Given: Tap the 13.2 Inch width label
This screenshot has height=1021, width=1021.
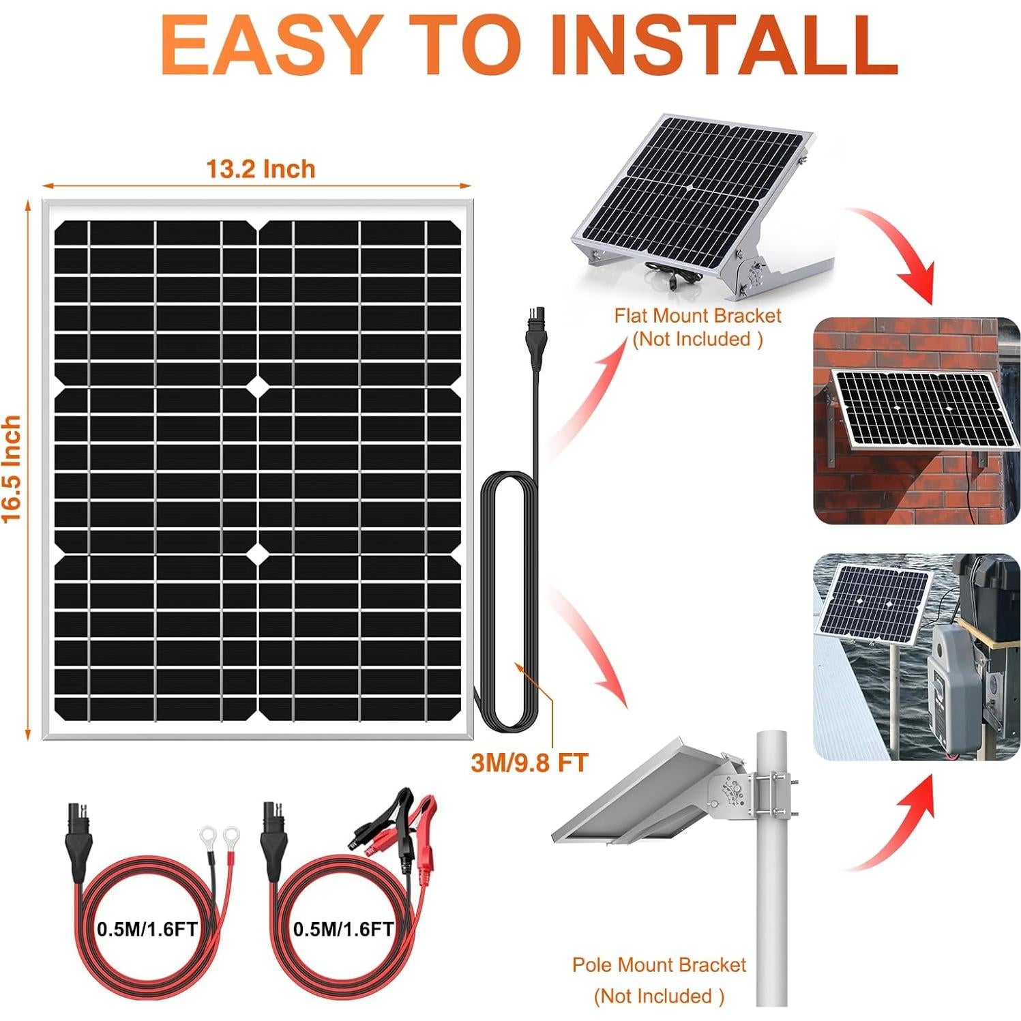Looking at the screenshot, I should click(261, 169).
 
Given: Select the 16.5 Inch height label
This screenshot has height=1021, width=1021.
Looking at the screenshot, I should click(12, 469).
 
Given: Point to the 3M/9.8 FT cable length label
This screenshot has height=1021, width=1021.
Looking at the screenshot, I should click(529, 763).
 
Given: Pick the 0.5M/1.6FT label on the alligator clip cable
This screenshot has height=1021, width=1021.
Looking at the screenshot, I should click(343, 929).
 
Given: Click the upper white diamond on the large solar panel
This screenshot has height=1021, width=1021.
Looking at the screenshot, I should click(259, 386).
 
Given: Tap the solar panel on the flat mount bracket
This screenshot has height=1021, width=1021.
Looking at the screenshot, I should click(689, 184).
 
